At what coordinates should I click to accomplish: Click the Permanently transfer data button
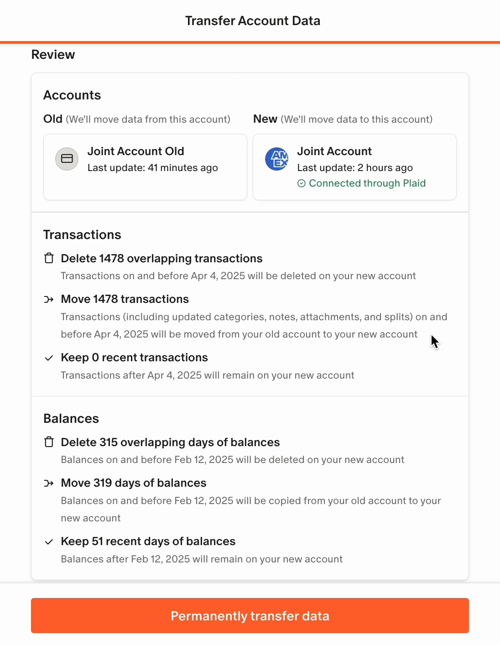coord(250,616)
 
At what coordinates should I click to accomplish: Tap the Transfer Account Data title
coord(253,21)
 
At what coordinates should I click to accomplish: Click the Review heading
coord(53,55)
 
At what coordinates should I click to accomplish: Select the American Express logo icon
coord(277,159)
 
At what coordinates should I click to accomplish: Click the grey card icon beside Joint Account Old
coord(67,159)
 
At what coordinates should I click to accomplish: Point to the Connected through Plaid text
coord(367,183)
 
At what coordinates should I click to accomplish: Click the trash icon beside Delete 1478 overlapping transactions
coord(49,259)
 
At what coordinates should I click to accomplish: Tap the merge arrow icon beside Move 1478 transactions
coord(49,300)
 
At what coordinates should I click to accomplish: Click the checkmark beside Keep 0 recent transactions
coord(49,358)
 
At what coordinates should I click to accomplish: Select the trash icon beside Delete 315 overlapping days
coord(49,442)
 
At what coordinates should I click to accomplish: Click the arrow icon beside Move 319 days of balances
coord(49,484)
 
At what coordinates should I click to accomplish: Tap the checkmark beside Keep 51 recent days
coord(49,542)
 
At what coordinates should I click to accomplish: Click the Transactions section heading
coord(82,235)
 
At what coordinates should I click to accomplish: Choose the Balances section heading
coord(71,419)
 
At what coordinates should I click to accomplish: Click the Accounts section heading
coord(72,95)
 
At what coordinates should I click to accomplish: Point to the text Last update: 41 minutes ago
coord(152,168)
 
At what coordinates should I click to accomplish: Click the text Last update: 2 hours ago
coord(355,168)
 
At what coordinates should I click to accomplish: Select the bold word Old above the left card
coord(53,119)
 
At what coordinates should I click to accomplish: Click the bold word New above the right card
coord(265,119)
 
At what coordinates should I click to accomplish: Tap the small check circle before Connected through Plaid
coord(302,183)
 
